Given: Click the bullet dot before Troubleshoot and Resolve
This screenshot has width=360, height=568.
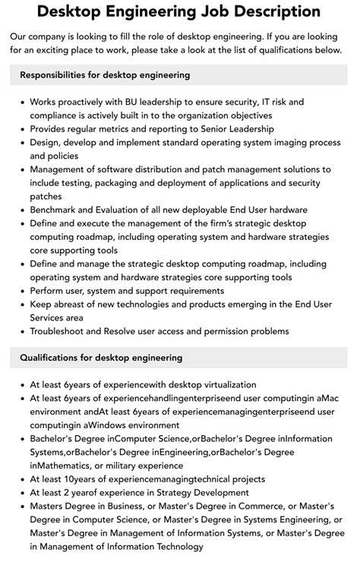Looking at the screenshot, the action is (21, 331).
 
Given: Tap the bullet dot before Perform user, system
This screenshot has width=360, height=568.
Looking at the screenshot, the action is (21, 290).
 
